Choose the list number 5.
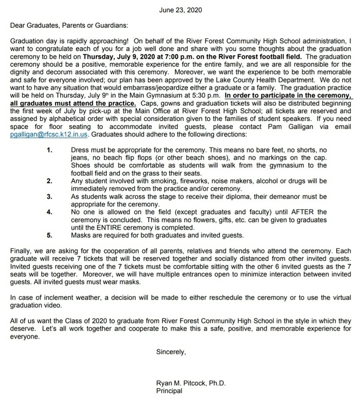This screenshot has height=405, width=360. coord(63,235)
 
